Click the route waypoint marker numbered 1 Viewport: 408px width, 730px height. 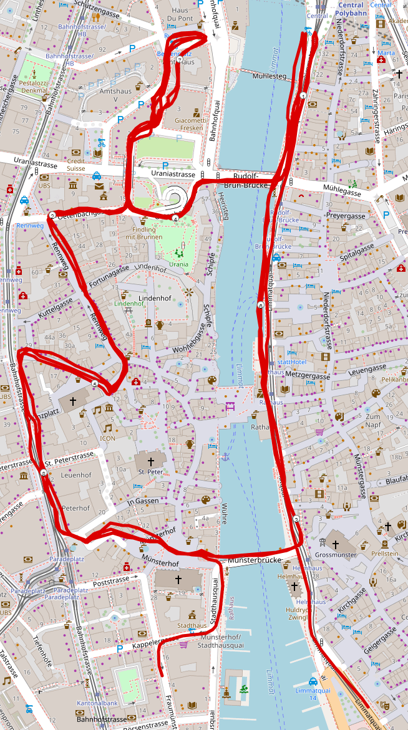click(303, 95)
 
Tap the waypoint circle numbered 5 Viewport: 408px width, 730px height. click(94, 384)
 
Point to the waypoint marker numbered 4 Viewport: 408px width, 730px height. click(176, 219)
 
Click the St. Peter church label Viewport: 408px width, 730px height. click(150, 472)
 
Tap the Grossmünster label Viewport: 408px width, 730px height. click(336, 554)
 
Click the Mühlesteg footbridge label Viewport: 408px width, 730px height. click(270, 77)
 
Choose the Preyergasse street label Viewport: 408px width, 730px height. click(346, 216)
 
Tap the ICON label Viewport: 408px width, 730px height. click(108, 438)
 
